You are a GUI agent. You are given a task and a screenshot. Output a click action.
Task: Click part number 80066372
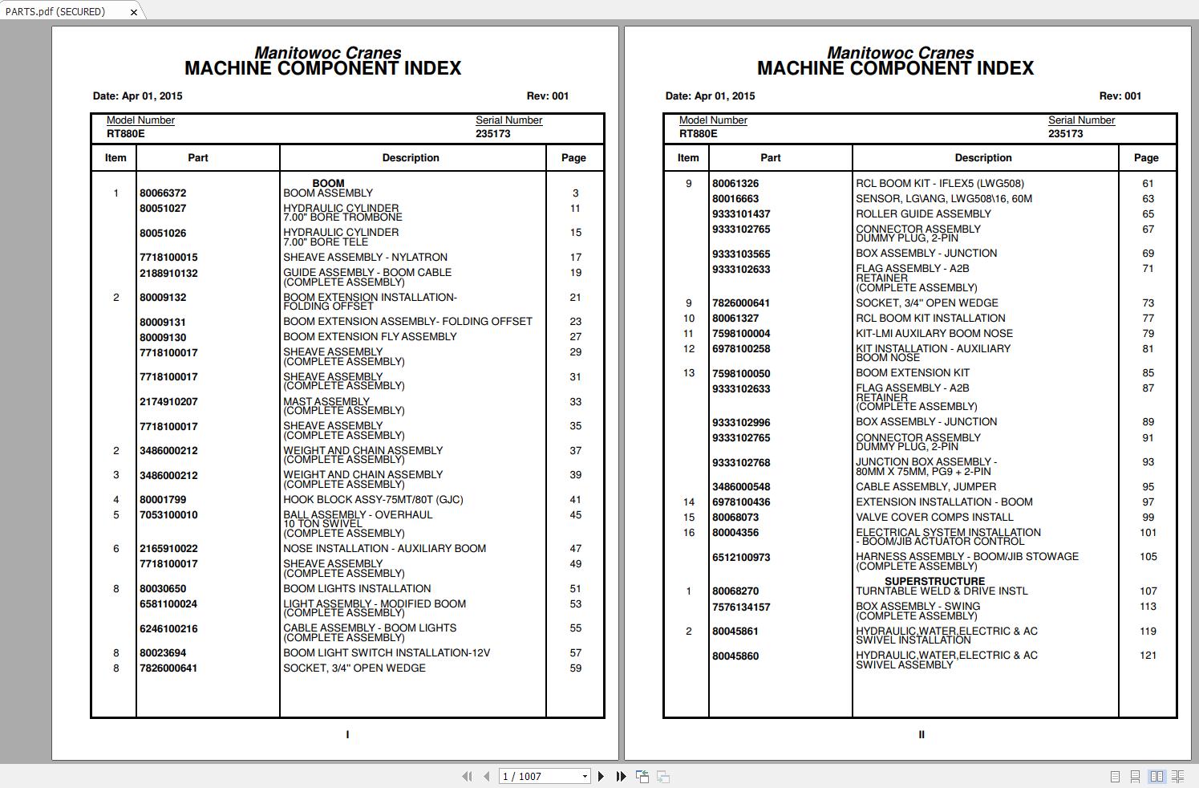click(x=163, y=193)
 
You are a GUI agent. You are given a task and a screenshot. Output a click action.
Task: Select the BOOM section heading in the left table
click(x=328, y=184)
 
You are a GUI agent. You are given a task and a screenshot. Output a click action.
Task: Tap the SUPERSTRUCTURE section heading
click(x=934, y=582)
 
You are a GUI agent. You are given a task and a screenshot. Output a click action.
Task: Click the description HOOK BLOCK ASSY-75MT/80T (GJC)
click(x=373, y=500)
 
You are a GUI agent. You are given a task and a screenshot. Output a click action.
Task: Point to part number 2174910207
click(x=168, y=402)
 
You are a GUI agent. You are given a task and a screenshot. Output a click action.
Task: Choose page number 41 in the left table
click(x=575, y=500)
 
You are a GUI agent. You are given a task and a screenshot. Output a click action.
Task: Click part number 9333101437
click(x=741, y=214)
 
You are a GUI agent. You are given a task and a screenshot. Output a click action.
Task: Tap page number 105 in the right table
click(x=1148, y=557)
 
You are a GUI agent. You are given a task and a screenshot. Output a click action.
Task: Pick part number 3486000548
click(x=741, y=487)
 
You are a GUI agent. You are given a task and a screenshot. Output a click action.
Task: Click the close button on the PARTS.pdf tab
click(x=134, y=11)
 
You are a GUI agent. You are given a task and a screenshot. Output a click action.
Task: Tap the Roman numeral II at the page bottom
click(x=921, y=734)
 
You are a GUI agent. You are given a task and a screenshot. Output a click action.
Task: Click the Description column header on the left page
click(x=411, y=158)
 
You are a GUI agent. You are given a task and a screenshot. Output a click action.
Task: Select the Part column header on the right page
click(x=770, y=158)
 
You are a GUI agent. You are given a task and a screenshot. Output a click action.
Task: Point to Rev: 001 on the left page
click(x=547, y=96)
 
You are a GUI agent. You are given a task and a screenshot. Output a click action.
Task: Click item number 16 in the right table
click(x=688, y=533)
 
